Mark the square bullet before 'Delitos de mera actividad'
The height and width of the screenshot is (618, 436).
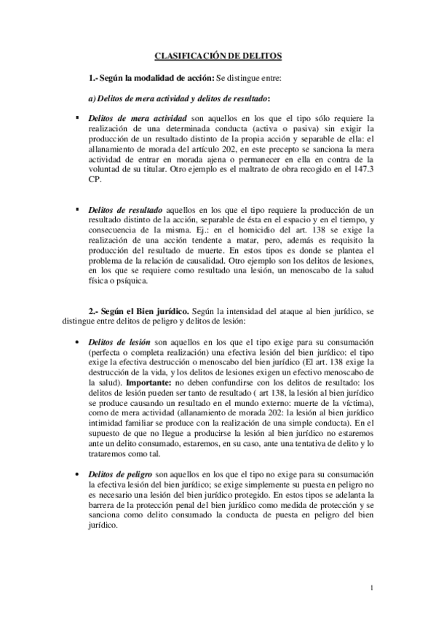coord(76,117)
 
